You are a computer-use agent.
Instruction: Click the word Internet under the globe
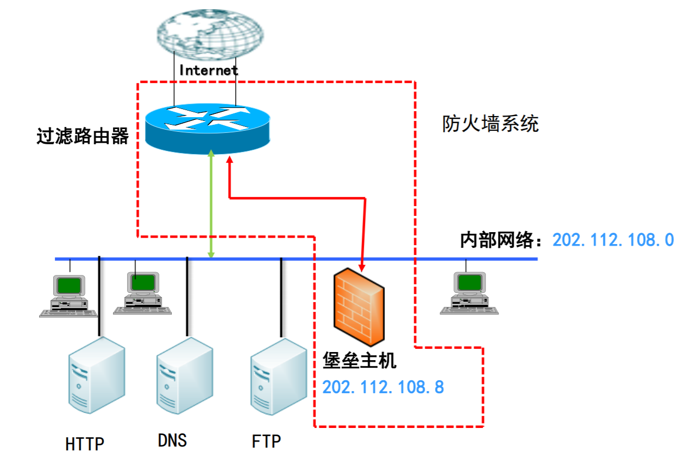point(209,70)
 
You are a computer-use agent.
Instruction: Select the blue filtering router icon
point(207,125)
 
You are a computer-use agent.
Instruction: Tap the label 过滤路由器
point(83,136)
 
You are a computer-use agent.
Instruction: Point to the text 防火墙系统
point(490,124)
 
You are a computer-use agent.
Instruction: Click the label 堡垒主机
point(360,361)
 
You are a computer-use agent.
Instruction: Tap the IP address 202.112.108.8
point(383,387)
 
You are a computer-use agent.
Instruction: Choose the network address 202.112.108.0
point(613,240)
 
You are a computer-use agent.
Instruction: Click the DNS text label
point(173,440)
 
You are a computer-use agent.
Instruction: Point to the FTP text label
point(267,441)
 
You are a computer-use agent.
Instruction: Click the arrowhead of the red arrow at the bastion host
point(362,266)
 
